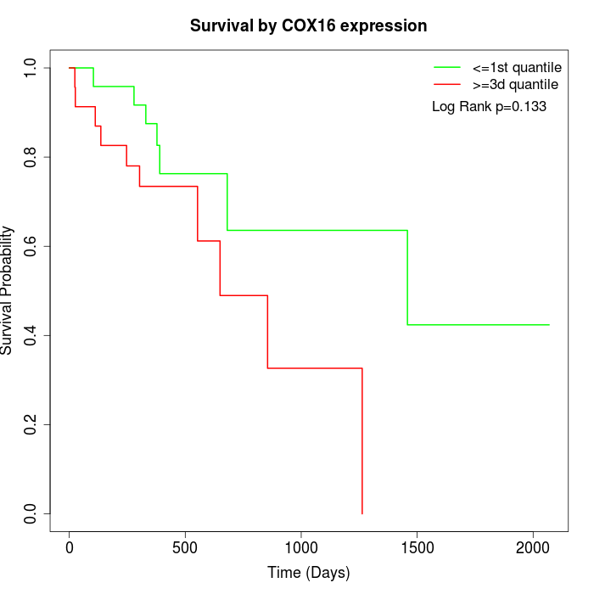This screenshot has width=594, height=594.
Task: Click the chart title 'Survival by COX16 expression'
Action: (308, 25)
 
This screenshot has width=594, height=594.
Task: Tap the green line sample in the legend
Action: (447, 67)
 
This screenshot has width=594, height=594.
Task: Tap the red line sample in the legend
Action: (447, 85)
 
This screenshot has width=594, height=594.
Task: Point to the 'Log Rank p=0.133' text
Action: (489, 107)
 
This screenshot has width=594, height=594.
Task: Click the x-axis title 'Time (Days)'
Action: (308, 573)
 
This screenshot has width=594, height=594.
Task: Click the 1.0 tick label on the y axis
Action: (31, 68)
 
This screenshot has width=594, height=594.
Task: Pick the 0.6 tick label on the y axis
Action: (31, 246)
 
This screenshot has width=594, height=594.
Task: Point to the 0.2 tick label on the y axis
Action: (31, 424)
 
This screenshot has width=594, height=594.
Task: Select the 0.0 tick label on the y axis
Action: (31, 513)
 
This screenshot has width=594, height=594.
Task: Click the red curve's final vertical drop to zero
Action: (362, 441)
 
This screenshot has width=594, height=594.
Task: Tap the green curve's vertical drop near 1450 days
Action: (407, 277)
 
